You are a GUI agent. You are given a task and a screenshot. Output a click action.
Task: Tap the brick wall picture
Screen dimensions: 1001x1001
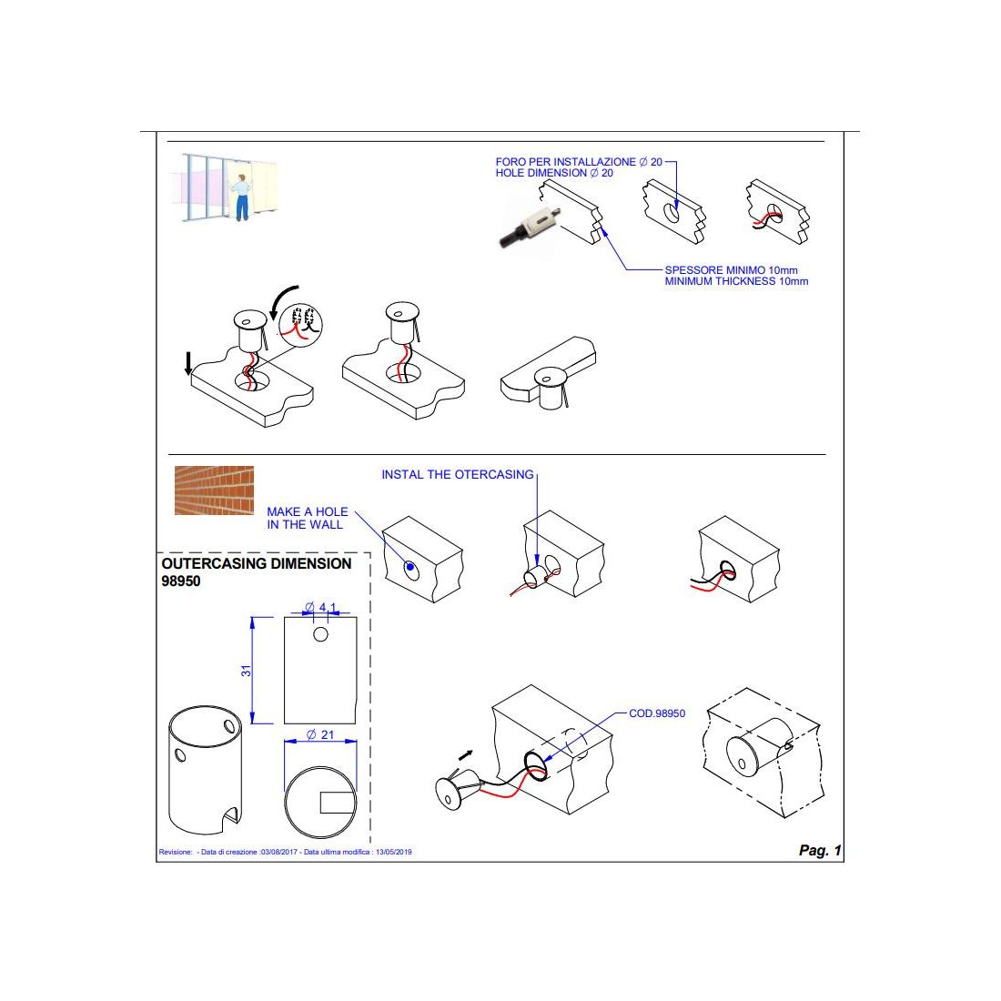click(x=214, y=490)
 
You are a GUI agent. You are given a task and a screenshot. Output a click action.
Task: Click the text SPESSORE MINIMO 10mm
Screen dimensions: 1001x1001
click(x=731, y=270)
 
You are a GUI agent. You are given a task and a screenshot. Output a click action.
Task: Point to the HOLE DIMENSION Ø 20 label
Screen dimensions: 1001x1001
click(x=554, y=173)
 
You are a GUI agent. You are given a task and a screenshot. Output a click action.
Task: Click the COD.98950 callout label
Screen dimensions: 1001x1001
click(x=657, y=713)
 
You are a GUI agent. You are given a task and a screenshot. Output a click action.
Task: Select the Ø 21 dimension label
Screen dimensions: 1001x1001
click(x=320, y=734)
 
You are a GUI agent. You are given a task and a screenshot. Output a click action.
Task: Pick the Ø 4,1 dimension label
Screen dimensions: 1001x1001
click(x=320, y=606)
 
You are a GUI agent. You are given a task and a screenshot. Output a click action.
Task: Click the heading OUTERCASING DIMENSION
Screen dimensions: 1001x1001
click(x=257, y=563)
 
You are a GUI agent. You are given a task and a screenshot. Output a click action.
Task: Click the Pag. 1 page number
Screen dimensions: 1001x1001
click(x=820, y=850)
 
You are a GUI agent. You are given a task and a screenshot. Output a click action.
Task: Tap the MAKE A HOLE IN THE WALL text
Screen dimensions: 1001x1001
click(x=307, y=518)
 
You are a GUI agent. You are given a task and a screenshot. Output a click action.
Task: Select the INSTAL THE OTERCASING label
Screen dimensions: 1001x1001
click(x=457, y=474)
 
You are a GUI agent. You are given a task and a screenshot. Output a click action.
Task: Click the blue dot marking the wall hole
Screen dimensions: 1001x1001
click(x=409, y=566)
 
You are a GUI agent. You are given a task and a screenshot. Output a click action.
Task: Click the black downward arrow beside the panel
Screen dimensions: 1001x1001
click(x=188, y=362)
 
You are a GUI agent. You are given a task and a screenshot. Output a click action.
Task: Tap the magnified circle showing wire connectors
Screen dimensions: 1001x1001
click(x=301, y=324)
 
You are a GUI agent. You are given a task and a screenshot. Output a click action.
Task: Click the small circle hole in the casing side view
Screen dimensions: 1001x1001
click(x=320, y=634)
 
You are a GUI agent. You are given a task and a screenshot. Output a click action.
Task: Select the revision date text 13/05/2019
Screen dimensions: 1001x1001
click(x=393, y=852)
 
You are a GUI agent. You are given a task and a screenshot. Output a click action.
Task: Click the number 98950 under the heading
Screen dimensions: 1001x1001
click(x=181, y=581)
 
